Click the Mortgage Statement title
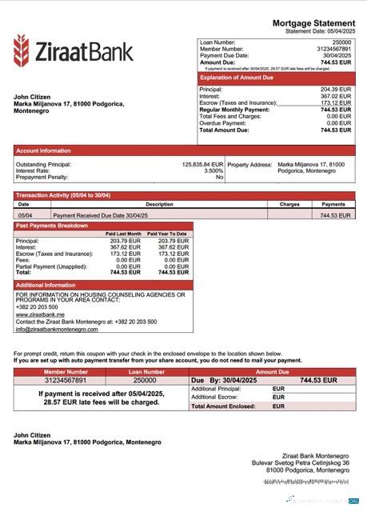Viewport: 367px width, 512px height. [x=313, y=24]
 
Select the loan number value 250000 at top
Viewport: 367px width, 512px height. [x=341, y=42]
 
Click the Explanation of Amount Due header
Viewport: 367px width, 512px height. [x=237, y=78]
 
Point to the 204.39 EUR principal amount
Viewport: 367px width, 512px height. [x=336, y=90]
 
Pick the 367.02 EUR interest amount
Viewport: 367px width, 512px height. [x=336, y=96]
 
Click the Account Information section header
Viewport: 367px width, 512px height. [x=44, y=150]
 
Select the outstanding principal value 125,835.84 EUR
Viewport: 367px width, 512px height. [x=203, y=165]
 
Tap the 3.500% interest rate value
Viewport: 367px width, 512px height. [x=213, y=170]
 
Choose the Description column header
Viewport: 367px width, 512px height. [x=159, y=205]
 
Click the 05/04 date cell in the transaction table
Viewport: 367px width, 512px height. [x=25, y=215]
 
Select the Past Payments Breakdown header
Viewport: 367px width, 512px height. [x=52, y=226]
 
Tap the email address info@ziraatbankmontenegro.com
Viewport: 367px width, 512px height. [x=57, y=329]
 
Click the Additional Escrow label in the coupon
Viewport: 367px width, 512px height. [x=215, y=398]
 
